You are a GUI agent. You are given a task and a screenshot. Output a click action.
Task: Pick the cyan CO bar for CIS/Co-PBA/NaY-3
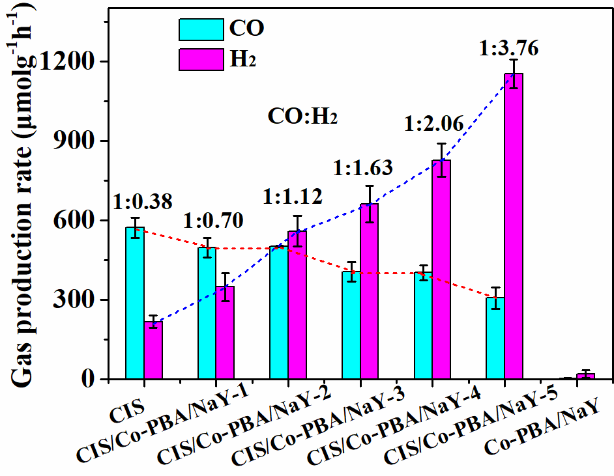point(351,325)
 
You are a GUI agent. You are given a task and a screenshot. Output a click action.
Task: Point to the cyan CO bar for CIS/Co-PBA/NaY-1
point(207,313)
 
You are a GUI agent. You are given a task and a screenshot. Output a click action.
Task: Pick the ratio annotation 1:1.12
point(292,197)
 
